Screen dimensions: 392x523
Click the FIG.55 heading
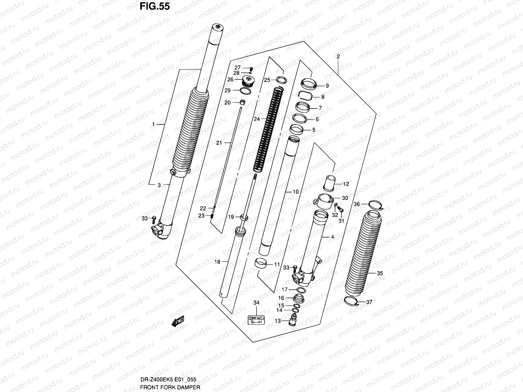tap(155, 6)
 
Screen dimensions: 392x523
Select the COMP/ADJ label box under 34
tap(256, 320)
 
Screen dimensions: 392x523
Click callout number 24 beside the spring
tap(257, 119)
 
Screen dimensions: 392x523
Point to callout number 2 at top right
tap(338, 57)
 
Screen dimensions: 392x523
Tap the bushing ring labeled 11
tap(261, 263)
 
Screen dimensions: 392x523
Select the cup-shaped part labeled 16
tap(298, 298)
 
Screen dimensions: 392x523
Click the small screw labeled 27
tap(251, 69)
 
